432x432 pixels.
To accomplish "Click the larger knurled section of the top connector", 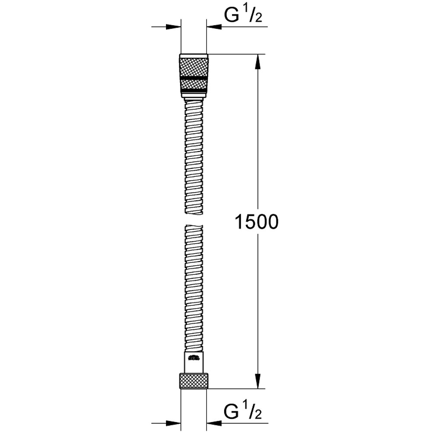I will click(x=194, y=65).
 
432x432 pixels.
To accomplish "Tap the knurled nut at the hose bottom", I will click(x=194, y=381).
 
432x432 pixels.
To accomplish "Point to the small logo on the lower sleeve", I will click(x=194, y=358).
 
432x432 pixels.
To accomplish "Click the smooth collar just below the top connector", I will click(x=194, y=100).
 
